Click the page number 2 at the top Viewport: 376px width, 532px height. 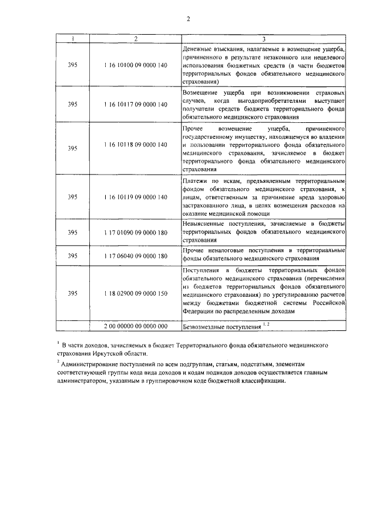click(x=188, y=18)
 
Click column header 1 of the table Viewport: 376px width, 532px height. click(x=72, y=39)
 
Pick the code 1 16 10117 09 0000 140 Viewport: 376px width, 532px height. click(x=136, y=104)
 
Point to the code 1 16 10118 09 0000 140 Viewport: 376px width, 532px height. click(x=136, y=144)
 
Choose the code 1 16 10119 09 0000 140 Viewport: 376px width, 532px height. click(x=136, y=196)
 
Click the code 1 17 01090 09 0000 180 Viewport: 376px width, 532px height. click(x=136, y=232)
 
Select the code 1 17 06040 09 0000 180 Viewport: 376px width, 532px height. click(x=136, y=255)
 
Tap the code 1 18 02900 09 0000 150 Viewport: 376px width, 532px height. click(x=136, y=292)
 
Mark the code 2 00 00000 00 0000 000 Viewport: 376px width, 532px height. click(x=136, y=326)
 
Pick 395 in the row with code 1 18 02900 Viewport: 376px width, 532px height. click(x=72, y=292)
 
